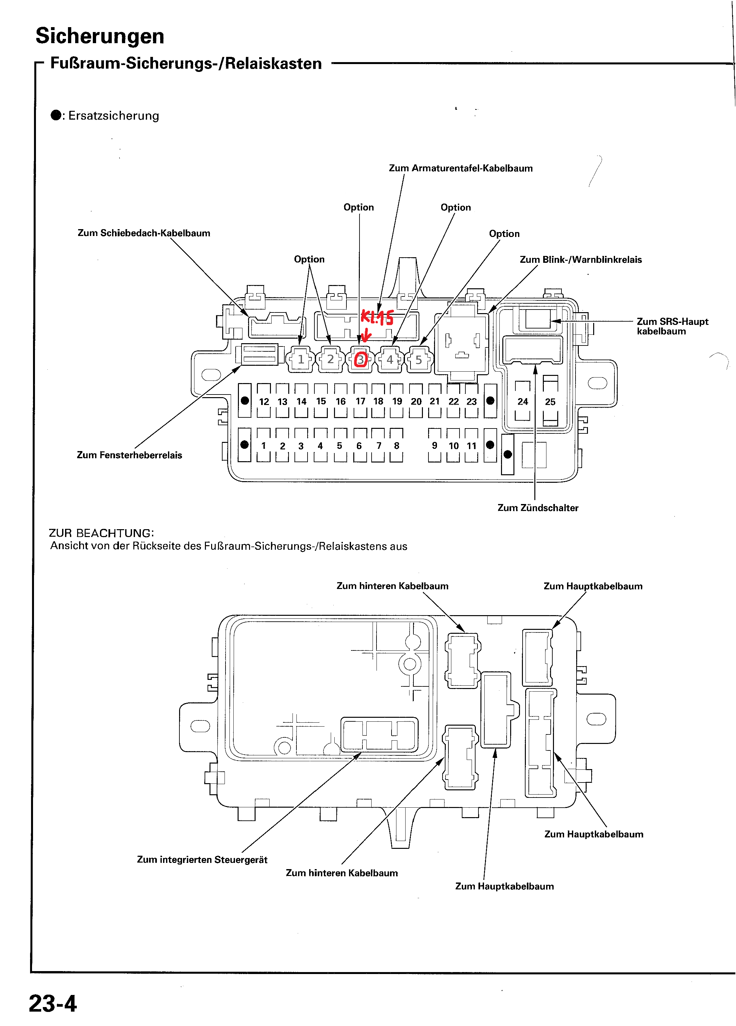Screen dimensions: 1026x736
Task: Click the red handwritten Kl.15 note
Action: click(377, 318)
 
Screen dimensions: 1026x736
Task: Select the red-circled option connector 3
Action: click(360, 360)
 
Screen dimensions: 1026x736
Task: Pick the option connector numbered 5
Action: click(419, 360)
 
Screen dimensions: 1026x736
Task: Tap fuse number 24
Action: click(523, 401)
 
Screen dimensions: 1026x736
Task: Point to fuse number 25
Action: click(550, 402)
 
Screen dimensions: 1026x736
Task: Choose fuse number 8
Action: click(396, 446)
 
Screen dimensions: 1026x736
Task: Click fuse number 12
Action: click(264, 402)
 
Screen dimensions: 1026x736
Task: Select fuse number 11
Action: click(471, 446)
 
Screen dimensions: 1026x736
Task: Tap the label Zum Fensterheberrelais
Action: click(129, 455)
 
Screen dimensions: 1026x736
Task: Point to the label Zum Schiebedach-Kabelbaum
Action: click(144, 233)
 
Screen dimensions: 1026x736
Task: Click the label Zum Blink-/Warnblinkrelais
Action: click(580, 260)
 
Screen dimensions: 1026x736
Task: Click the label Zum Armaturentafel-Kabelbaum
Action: click(460, 168)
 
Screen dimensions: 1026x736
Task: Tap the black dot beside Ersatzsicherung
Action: click(56, 115)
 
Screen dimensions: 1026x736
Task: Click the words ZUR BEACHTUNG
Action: click(101, 533)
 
